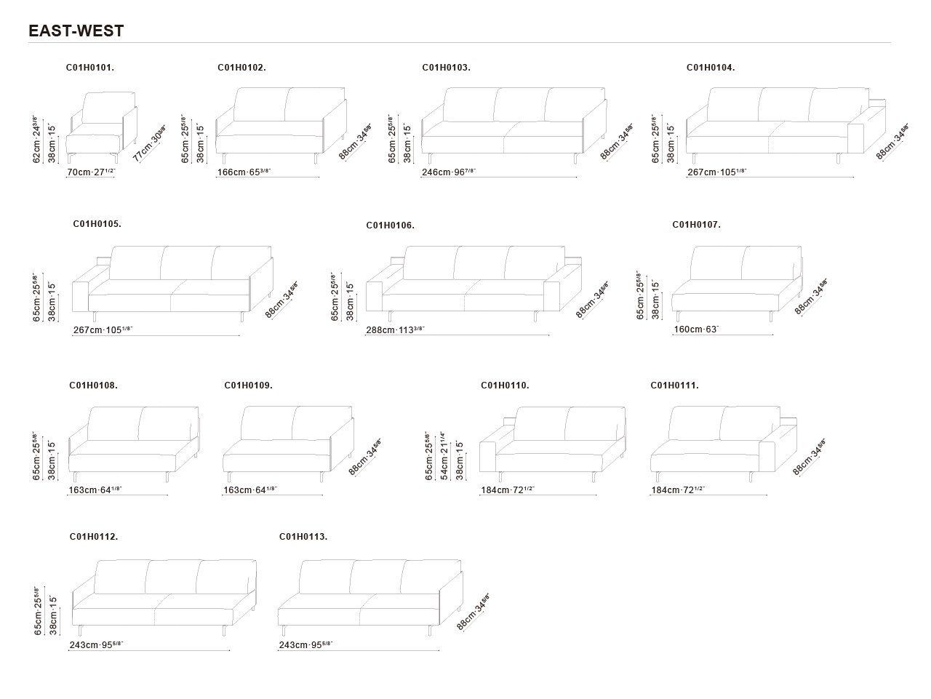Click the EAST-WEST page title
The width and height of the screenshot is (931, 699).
tap(76, 31)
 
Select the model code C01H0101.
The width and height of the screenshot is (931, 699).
tap(90, 68)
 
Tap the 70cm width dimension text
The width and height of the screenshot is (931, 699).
tap(91, 172)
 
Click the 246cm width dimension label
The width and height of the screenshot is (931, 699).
tap(449, 172)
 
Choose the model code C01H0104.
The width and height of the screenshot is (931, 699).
tap(711, 68)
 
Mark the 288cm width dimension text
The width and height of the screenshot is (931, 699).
tap(395, 330)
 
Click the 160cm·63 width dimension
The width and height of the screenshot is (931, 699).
tap(696, 329)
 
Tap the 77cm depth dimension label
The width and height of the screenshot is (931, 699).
tap(150, 144)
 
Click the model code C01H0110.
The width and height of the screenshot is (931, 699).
tap(505, 386)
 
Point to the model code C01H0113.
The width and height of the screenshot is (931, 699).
tap(303, 537)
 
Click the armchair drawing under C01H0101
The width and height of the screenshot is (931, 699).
tap(101, 125)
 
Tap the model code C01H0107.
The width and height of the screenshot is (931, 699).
tap(696, 225)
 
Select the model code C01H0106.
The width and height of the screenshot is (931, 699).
tap(390, 225)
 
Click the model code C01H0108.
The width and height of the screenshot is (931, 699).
tap(93, 386)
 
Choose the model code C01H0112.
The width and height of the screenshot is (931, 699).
tap(94, 537)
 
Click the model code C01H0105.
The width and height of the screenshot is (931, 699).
tap(97, 225)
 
